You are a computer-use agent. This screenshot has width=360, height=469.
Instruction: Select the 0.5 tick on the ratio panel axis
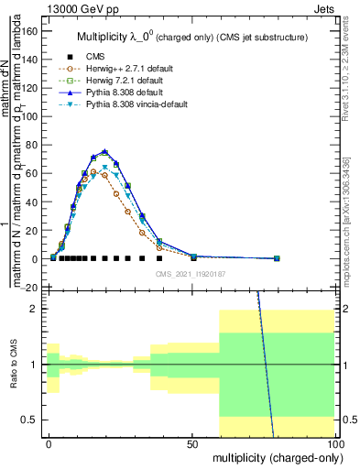(32, 420)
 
